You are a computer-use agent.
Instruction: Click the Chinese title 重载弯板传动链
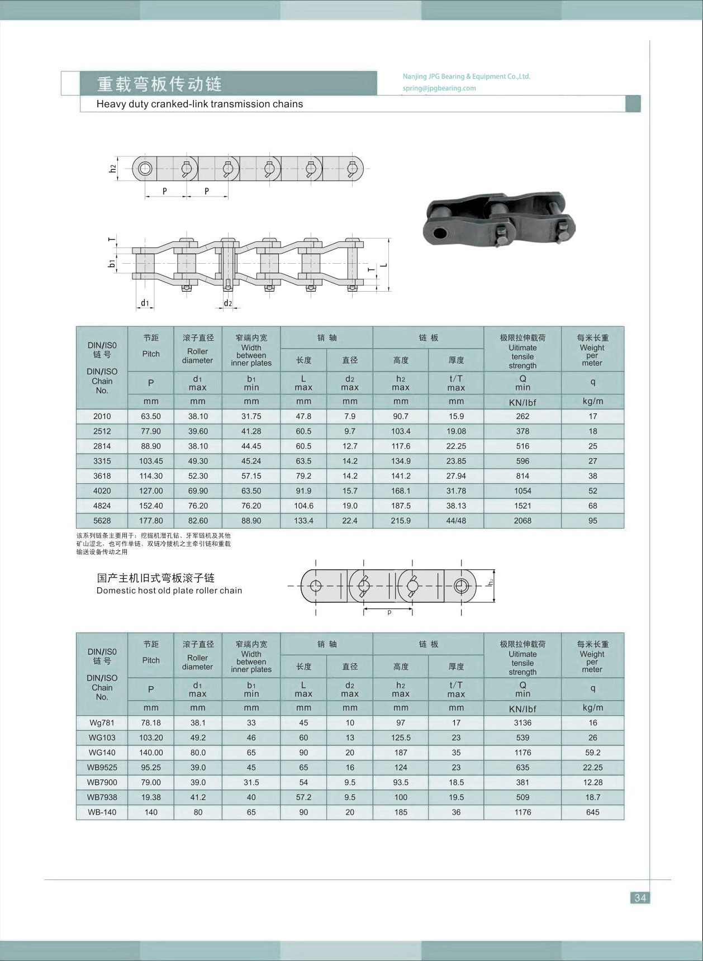160,84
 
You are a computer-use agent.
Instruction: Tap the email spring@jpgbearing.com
439,88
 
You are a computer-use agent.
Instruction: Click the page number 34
640,897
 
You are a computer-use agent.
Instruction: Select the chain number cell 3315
102,461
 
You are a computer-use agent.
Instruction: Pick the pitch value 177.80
151,521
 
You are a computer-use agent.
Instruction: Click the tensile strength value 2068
522,521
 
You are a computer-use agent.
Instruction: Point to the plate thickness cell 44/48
456,521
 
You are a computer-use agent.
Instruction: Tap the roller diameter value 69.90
198,491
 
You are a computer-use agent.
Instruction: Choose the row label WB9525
102,768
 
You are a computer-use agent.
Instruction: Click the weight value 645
592,812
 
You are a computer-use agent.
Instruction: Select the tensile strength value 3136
522,723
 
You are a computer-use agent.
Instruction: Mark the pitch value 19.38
151,797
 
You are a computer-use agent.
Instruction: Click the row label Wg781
102,723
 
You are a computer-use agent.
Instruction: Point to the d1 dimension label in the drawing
145,303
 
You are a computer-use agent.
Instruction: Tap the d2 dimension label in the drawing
227,303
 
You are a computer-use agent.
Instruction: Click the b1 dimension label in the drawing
112,263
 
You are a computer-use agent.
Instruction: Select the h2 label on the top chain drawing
112,167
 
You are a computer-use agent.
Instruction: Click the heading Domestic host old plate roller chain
169,591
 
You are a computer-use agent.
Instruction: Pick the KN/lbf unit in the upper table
522,402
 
